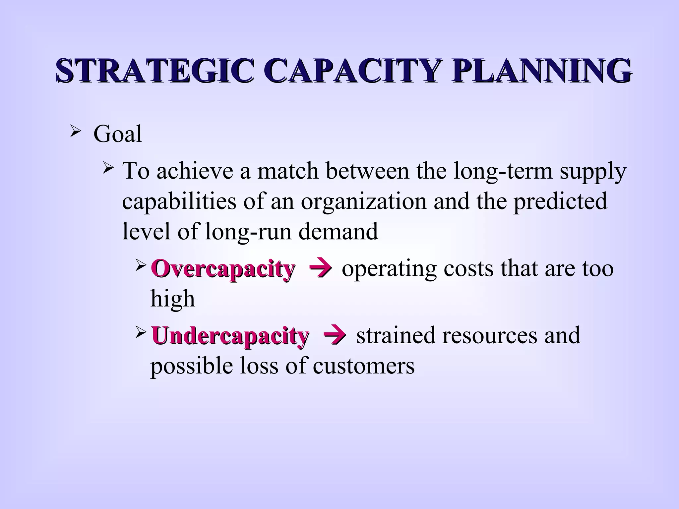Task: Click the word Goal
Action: [x=118, y=134]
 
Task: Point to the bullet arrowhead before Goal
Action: [x=75, y=133]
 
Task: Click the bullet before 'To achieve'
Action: [x=108, y=169]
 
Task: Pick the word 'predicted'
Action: [x=560, y=202]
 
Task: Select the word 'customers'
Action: [x=363, y=366]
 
